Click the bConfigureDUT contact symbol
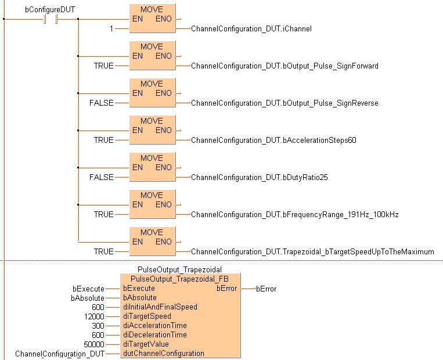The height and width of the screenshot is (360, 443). point(50,19)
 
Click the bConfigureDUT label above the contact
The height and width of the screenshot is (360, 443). point(50,9)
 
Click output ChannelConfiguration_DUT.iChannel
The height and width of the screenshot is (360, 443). point(251,28)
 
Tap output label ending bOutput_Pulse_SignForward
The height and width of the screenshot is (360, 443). point(284,66)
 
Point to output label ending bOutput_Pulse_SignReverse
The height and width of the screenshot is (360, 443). point(284,103)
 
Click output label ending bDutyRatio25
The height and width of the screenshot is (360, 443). point(260,177)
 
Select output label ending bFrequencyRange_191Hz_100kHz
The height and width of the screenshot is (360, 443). point(294,214)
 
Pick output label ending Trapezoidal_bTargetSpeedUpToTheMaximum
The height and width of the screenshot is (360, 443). point(312,251)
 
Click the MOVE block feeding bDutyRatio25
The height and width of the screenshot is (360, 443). point(152,167)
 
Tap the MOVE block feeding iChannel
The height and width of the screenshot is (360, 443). point(152,18)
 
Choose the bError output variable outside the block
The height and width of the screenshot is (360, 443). point(266,289)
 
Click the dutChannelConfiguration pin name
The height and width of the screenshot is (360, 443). point(163,353)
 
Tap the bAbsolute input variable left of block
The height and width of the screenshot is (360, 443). point(87,298)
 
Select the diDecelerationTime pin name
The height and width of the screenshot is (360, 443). point(155,335)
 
